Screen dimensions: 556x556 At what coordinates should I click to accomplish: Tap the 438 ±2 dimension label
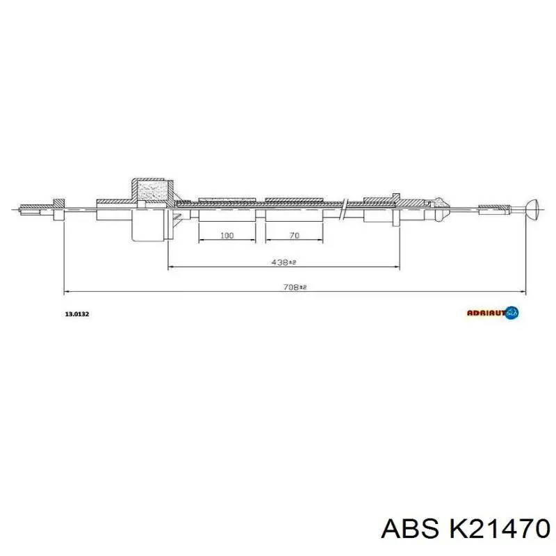click(x=283, y=262)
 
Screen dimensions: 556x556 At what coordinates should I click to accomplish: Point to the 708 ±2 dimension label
click(x=293, y=286)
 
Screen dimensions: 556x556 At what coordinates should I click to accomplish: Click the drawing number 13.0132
click(x=76, y=314)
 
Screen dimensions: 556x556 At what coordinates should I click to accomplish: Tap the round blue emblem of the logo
click(x=513, y=313)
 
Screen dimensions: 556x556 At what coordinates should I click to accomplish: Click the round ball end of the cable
click(x=533, y=206)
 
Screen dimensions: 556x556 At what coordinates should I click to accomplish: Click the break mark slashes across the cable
click(x=344, y=208)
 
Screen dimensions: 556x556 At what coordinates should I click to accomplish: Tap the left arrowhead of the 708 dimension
click(x=66, y=291)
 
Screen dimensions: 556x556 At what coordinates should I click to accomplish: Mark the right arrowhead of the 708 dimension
click(x=523, y=291)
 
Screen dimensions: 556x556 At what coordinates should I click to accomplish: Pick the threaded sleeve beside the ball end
click(x=496, y=206)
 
